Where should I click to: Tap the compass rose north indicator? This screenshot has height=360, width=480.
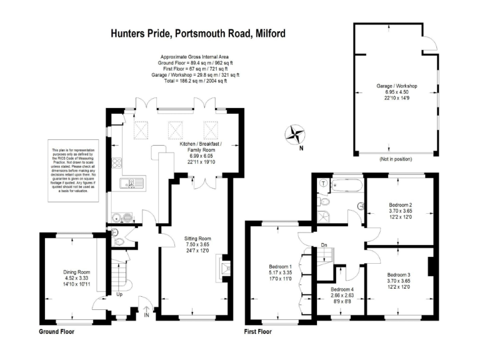click(294, 134)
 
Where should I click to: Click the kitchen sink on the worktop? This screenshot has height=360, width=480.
click(132, 183)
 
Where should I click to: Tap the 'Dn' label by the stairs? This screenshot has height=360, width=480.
click(324, 245)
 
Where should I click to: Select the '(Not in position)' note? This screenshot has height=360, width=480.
click(396, 160)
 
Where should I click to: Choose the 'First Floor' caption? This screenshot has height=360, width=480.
click(257, 331)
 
